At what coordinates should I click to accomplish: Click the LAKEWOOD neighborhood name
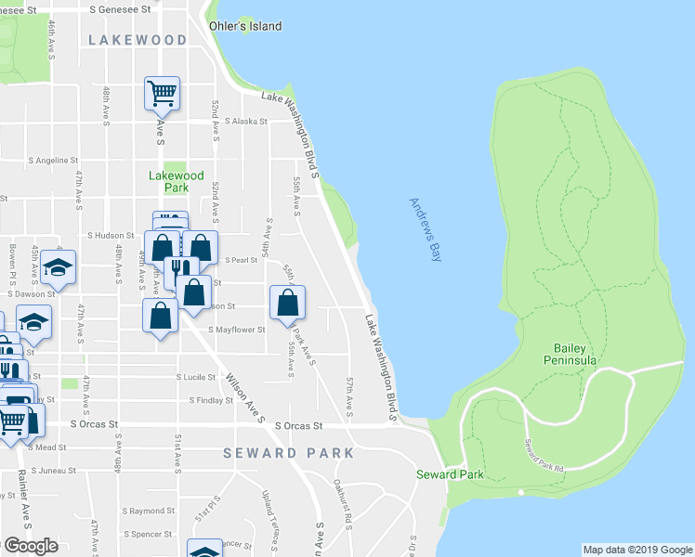pos(138,40)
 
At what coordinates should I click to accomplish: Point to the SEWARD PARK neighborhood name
pos(288,453)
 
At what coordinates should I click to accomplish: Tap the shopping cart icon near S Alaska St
pos(162,93)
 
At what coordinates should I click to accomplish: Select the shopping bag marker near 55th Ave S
pos(287,303)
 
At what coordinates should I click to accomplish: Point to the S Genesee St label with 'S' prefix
pos(121,8)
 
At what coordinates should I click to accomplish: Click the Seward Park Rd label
pos(544,455)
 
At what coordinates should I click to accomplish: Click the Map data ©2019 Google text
pos(637,550)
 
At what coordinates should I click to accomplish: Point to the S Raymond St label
pos(147,511)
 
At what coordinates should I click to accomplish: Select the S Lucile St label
pos(197,378)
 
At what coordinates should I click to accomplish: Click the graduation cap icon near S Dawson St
pos(59,268)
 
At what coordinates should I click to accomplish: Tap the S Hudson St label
pos(111,236)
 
